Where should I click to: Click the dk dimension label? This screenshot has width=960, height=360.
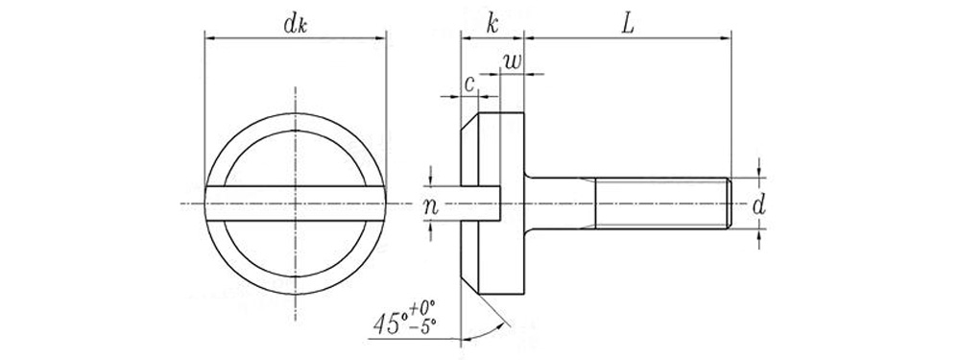[x=295, y=24]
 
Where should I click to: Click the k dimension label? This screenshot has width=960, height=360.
[x=492, y=25]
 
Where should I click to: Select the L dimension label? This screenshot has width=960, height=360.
[x=628, y=25]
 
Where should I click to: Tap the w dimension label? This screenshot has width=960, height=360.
[x=513, y=60]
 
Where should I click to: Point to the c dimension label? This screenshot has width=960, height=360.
[x=469, y=84]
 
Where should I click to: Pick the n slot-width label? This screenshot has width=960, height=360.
[x=431, y=207]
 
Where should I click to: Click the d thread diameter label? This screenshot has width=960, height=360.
[x=758, y=205]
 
